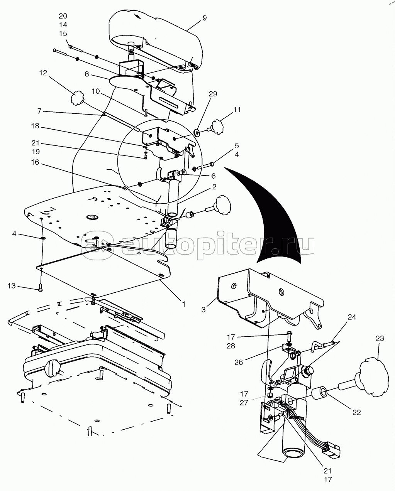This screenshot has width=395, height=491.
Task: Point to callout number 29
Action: (x=213, y=94)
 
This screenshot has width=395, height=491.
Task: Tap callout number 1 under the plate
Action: (x=184, y=304)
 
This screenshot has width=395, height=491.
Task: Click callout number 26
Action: (x=238, y=363)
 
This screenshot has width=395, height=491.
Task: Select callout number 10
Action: (x=96, y=91)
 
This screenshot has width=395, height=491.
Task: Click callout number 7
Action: (x=39, y=111)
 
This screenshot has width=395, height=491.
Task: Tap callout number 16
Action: (x=35, y=163)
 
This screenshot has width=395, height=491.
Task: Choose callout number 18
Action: (x=35, y=126)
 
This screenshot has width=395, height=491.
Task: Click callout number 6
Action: (x=213, y=176)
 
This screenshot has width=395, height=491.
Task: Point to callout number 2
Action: (x=213, y=187)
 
